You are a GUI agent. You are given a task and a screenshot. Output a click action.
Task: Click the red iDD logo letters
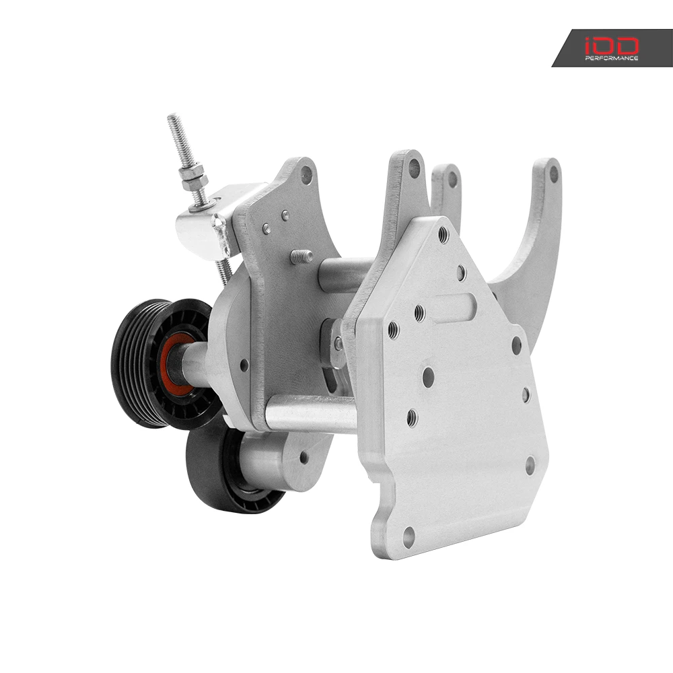pyautogui.click(x=612, y=46)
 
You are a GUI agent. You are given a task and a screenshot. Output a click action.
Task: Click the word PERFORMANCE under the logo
pyautogui.click(x=612, y=58)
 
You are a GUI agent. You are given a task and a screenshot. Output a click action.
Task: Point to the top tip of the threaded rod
pyautogui.click(x=172, y=116)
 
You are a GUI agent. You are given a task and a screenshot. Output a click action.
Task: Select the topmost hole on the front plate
pyautogui.click(x=443, y=235)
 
